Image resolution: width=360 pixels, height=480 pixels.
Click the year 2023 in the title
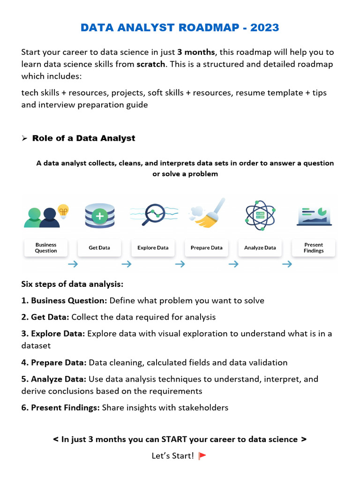click(264, 28)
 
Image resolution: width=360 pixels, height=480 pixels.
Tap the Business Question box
click(46, 247)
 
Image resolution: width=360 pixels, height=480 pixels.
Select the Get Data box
click(99, 247)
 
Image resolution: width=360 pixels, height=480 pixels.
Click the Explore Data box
click(153, 247)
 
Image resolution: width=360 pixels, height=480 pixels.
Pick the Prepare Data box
click(206, 247)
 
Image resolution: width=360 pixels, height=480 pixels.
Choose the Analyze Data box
click(260, 247)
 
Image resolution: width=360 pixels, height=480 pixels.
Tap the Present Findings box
click(314, 247)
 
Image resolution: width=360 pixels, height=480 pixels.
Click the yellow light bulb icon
click(63, 210)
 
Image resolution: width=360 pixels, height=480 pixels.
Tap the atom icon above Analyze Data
click(260, 215)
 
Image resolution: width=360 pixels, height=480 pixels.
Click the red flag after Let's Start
click(202, 456)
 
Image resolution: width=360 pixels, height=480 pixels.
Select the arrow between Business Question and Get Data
click(73, 264)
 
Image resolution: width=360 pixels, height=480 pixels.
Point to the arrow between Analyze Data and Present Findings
click(287, 264)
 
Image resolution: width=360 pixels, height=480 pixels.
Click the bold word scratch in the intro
click(150, 64)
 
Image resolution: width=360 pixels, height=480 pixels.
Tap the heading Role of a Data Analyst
click(83, 138)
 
